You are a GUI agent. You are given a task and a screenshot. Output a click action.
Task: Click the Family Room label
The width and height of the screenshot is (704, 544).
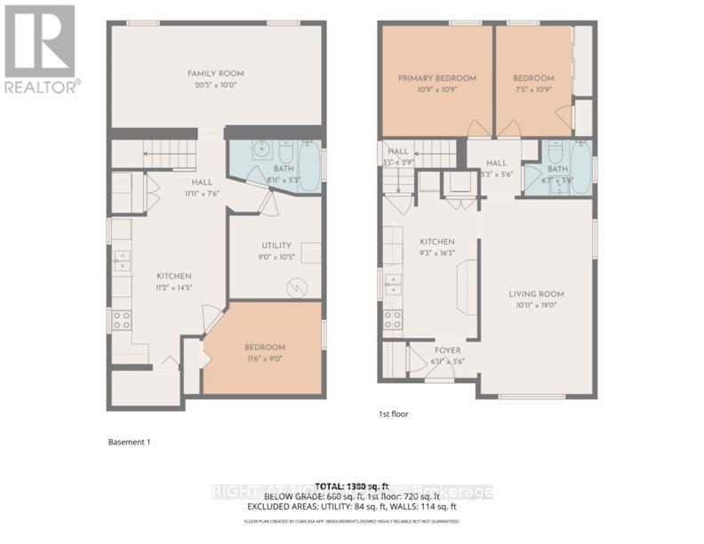tap(215, 74)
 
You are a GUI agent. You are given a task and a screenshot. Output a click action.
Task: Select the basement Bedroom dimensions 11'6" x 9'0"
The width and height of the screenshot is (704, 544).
tap(265, 359)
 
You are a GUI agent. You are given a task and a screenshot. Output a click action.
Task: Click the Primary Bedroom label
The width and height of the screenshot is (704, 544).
tap(436, 78)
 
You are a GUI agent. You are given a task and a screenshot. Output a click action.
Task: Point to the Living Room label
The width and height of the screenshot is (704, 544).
tap(536, 294)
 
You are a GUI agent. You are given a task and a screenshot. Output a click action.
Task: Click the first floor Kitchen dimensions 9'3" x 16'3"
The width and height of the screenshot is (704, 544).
tap(437, 252)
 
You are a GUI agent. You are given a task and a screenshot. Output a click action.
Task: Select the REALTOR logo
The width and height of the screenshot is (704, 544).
tap(41, 48)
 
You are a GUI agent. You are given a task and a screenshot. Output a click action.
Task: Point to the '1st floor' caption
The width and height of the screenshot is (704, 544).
tap(394, 413)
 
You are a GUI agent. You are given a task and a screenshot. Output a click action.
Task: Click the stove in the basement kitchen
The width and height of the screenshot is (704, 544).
tap(120, 319)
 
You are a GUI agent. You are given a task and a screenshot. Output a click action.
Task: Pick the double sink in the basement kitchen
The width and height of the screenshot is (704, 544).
tap(122, 261)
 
